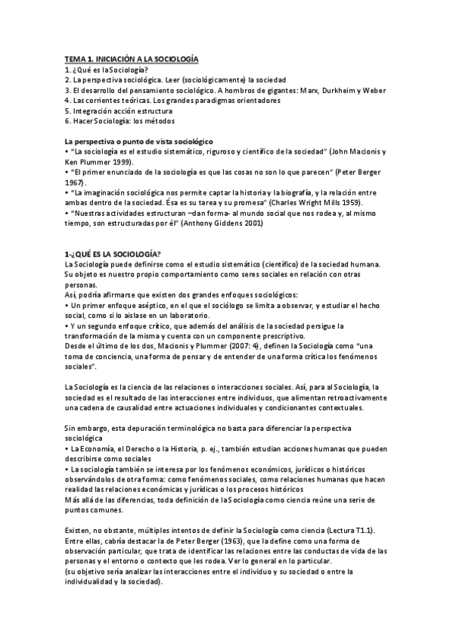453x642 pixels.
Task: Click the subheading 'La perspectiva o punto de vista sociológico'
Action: [138, 142]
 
